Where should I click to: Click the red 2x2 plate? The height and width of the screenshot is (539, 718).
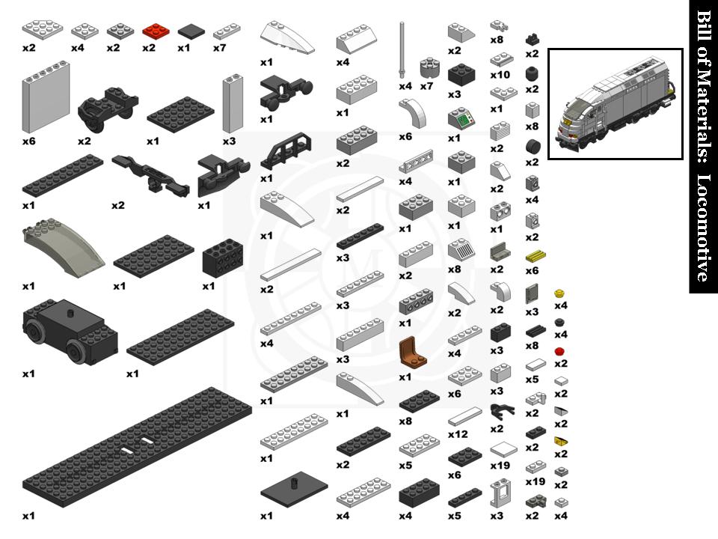click(x=156, y=31)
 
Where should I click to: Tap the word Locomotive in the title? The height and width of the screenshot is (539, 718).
click(x=703, y=228)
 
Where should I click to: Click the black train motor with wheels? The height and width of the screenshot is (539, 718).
click(x=69, y=332)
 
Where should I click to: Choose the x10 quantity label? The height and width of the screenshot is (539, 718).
click(x=500, y=76)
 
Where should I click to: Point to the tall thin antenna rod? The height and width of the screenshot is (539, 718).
click(x=402, y=49)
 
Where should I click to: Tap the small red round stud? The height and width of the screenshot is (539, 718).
click(x=559, y=351)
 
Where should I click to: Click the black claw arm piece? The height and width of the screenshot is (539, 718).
click(x=497, y=410)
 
